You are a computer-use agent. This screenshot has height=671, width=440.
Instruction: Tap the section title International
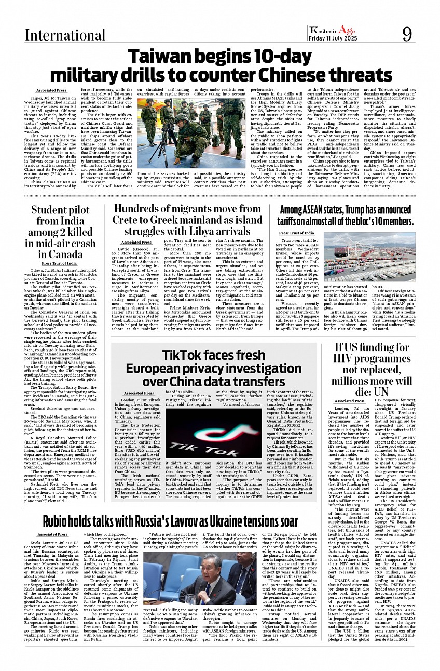click(x=58, y=35)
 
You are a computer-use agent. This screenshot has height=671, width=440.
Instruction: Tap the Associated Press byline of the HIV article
click(x=349, y=401)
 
